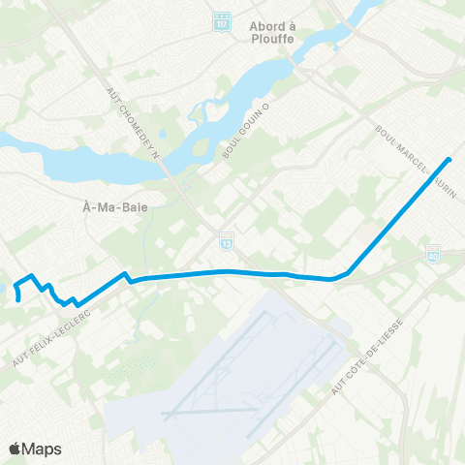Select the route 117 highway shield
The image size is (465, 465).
pos(222,20)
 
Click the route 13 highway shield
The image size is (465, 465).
pos(226,236)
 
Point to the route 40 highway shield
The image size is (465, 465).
pos(433,251)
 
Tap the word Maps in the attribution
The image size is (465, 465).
pos(43,449)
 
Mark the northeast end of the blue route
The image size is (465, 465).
pos(449,159)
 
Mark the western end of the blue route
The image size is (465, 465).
pos(18,300)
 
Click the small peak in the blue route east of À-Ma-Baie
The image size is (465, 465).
pos(124,274)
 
